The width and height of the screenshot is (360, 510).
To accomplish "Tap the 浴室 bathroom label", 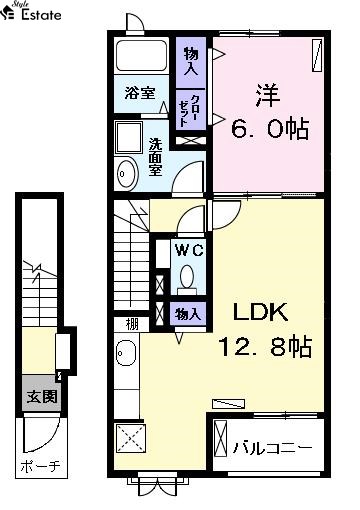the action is [x=140, y=93].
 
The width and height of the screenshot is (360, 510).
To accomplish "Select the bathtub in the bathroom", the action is [x=141, y=56].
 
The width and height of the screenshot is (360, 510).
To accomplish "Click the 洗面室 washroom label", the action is [x=155, y=157].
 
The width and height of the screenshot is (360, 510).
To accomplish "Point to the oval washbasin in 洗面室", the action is [x=126, y=173].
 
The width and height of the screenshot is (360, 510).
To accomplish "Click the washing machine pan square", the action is [x=129, y=137].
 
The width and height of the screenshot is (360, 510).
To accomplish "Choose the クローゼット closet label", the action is [x=189, y=111].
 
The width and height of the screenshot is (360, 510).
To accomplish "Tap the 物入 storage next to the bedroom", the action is [x=191, y=61].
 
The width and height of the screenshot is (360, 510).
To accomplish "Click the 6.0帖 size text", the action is [x=270, y=128].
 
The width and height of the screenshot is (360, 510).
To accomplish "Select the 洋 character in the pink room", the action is [x=268, y=95].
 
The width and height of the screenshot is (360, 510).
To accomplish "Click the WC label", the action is [x=189, y=250].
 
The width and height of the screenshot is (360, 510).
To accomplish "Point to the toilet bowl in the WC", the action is [x=187, y=276].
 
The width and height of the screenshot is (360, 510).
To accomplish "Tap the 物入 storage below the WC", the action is [x=188, y=314].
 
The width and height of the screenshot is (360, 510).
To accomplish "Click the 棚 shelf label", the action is [x=132, y=324].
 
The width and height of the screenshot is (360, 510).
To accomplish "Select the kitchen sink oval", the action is [x=126, y=353].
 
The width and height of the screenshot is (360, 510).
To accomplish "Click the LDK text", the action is [x=261, y=312].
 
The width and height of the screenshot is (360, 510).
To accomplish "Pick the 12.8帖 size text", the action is [x=265, y=346].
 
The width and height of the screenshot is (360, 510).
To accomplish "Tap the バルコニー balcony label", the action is [x=273, y=447].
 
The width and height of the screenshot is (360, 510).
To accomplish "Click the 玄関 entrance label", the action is [x=42, y=396].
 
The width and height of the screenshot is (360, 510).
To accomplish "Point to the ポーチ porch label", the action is [x=41, y=466].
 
